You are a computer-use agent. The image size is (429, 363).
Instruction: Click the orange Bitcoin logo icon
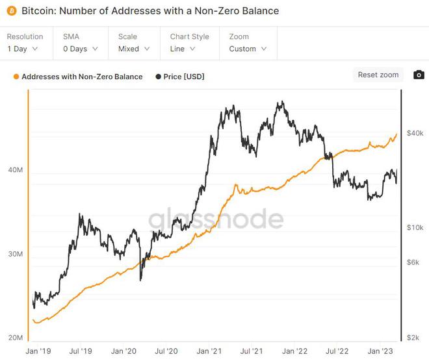click(x=11, y=11)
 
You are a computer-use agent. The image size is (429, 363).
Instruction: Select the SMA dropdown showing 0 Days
click(x=81, y=49)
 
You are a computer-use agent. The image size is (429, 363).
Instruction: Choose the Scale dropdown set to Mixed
click(x=135, y=49)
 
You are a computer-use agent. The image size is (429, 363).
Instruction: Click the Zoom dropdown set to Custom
click(x=247, y=49)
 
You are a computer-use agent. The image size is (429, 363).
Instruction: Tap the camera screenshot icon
click(x=419, y=75)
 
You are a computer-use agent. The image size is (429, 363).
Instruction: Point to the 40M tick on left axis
click(x=15, y=170)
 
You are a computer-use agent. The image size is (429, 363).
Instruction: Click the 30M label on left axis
click(x=15, y=254)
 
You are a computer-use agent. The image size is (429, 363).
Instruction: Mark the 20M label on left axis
click(x=15, y=338)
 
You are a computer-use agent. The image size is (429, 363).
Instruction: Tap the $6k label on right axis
click(x=414, y=262)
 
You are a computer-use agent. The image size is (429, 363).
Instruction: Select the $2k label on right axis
click(x=414, y=338)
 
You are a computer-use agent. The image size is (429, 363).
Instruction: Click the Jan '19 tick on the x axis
click(x=38, y=351)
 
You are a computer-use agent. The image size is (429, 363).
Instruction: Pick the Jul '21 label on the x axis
click(x=252, y=351)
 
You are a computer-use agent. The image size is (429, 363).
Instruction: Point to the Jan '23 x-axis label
click(x=380, y=351)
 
